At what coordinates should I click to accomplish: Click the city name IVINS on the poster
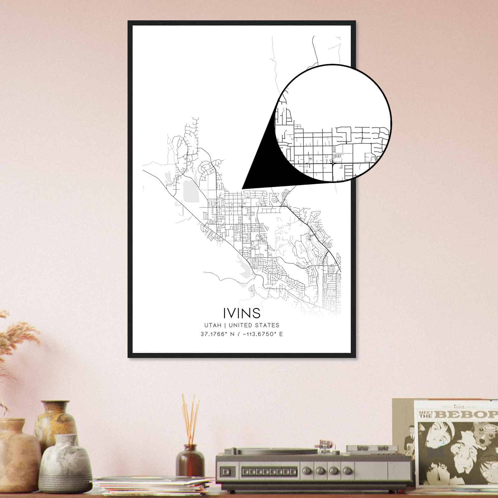(x=242, y=313)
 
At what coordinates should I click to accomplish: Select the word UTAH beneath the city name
(x=213, y=325)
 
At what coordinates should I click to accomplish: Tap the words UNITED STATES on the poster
(x=254, y=325)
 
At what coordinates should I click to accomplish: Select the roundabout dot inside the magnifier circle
(x=333, y=163)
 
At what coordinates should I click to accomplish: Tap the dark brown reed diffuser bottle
(x=190, y=461)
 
